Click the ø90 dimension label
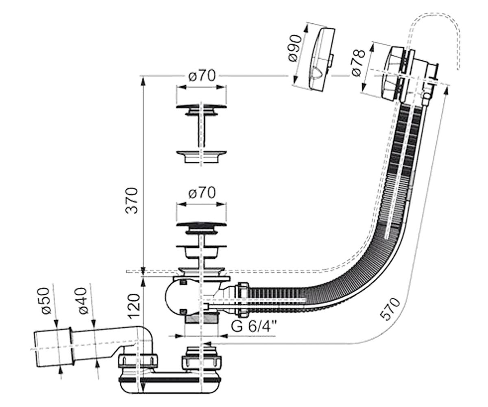click(x=296, y=48)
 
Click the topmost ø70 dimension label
click(x=202, y=76)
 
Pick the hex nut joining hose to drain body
click(x=244, y=300)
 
